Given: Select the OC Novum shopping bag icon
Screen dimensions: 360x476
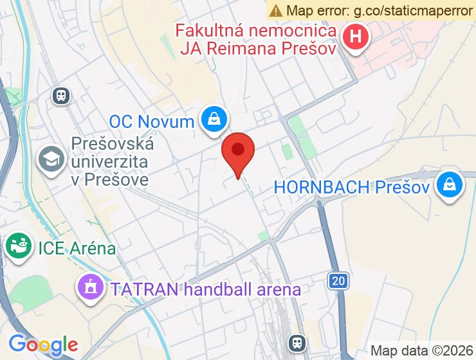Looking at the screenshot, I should (x=212, y=119).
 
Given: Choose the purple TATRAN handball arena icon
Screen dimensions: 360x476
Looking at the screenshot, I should (x=91, y=287).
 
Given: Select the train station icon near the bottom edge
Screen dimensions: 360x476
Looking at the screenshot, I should (x=297, y=342).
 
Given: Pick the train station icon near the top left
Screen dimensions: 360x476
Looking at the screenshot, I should (x=61, y=96).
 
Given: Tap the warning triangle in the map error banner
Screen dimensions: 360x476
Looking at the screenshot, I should (x=276, y=10).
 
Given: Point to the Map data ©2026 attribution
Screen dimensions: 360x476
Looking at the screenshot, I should (x=422, y=350).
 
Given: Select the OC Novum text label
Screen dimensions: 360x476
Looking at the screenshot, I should (x=152, y=121).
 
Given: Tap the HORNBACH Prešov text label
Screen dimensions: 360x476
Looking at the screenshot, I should (x=351, y=187).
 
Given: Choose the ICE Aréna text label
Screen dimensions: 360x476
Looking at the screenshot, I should (x=77, y=248).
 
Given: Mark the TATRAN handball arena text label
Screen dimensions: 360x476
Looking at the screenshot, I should (x=205, y=289).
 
